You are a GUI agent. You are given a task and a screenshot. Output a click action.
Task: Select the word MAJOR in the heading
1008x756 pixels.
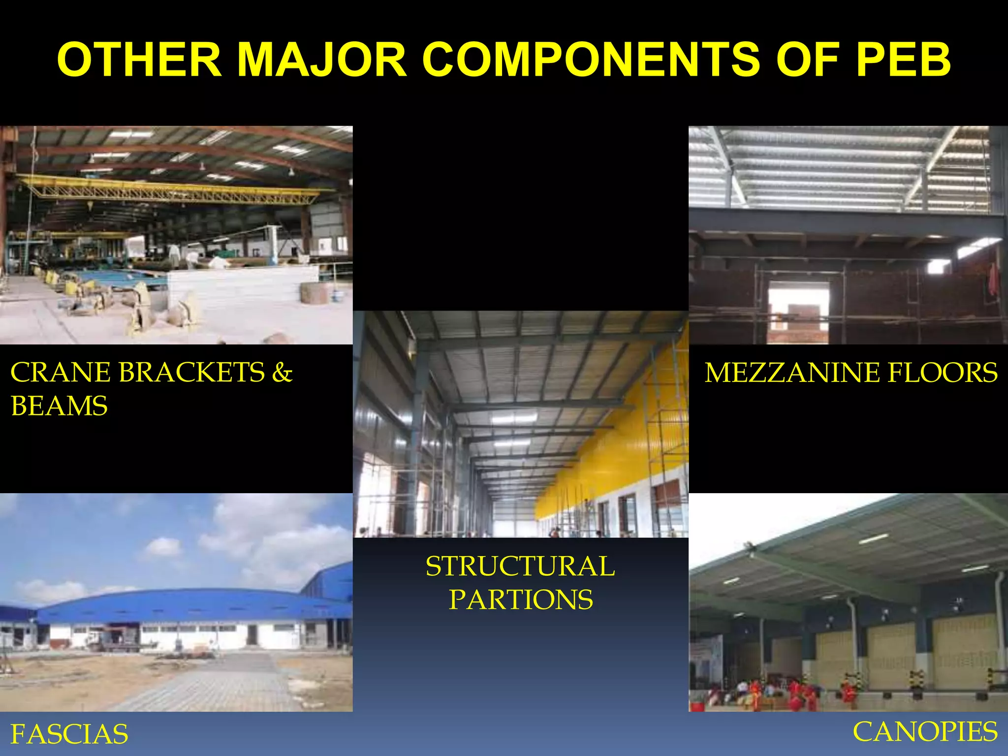pos(322,60)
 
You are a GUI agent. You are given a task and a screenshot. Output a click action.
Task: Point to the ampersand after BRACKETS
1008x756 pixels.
pos(282,373)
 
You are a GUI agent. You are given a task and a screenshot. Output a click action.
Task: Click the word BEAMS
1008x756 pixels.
pos(59,407)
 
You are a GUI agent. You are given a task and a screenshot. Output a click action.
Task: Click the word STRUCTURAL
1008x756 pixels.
pos(520,567)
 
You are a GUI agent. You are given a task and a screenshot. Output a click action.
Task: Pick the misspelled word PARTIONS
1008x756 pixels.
pos(520,600)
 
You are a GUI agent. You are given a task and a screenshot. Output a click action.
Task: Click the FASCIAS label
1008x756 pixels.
pos(69,734)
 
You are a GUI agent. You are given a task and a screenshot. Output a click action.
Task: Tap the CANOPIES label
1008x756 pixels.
pos(925,732)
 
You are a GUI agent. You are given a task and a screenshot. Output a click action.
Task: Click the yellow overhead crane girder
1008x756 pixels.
pos(172,189)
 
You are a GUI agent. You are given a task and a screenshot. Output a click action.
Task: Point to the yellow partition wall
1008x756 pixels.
pos(615,453)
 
